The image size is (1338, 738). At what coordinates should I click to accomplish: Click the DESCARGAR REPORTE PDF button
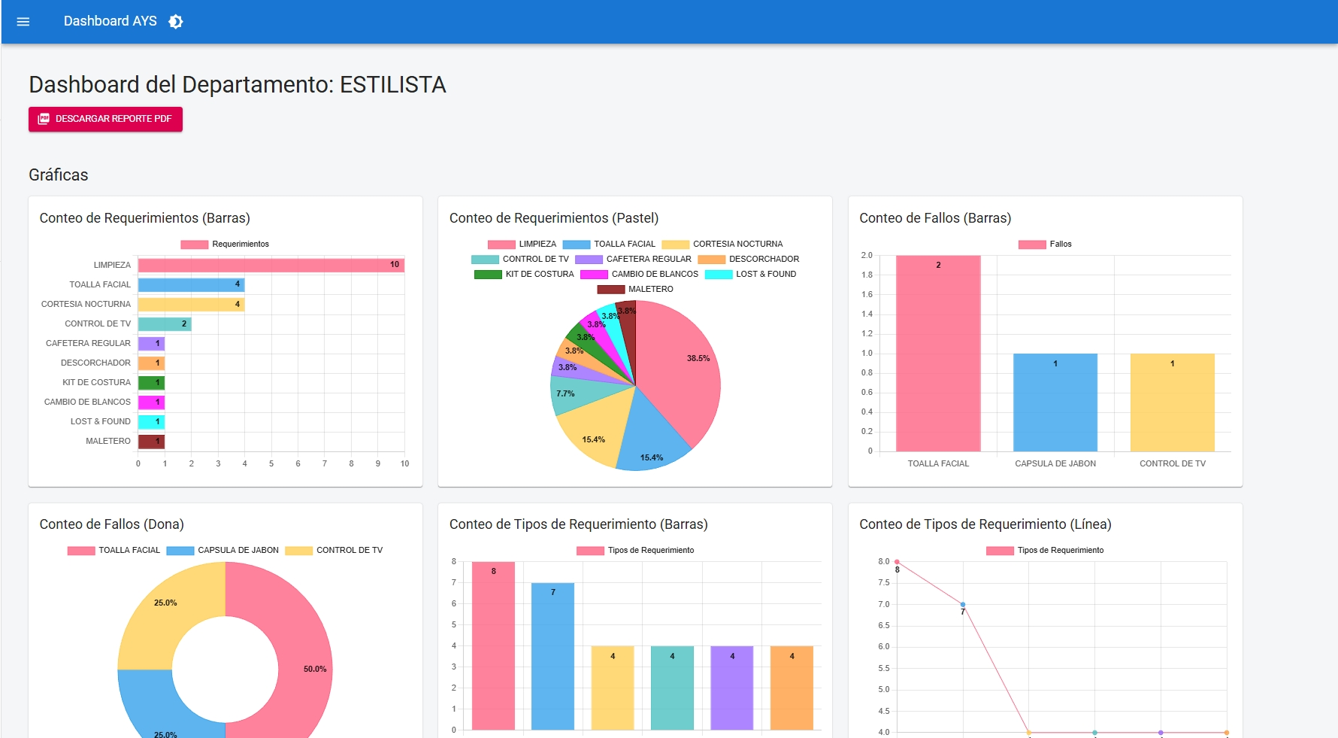point(105,119)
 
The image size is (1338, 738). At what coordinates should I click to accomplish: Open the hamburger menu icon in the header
point(23,22)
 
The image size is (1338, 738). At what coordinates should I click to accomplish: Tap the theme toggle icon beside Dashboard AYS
point(176,22)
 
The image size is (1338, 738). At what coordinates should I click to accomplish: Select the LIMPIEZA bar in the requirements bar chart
point(271,265)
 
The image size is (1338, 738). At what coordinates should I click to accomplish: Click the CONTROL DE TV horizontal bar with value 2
point(165,324)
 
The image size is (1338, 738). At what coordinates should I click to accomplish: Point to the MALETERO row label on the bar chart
point(107,442)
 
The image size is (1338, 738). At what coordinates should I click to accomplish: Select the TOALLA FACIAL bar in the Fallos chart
point(938,354)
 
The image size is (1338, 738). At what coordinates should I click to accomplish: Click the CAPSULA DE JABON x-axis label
point(1055,464)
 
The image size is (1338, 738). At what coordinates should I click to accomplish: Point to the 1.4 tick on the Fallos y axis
point(867,314)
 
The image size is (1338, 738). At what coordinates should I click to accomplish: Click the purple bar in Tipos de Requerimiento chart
point(731,688)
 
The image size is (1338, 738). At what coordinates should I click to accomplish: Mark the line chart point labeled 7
point(963,605)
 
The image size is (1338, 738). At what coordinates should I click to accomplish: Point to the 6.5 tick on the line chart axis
point(884,626)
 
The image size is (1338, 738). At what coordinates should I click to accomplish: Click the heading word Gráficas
point(59,175)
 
